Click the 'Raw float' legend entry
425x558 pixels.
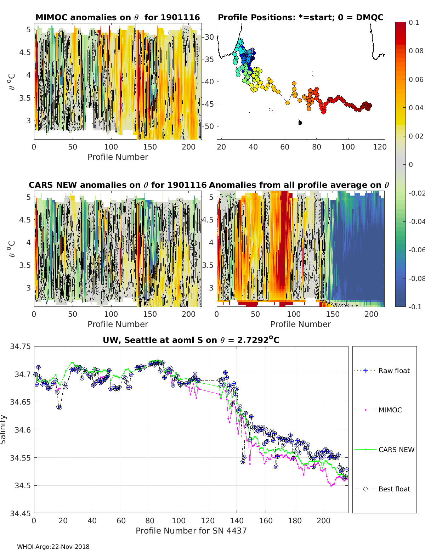(382, 371)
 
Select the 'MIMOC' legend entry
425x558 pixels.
(378, 410)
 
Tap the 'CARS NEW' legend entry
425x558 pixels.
(384, 450)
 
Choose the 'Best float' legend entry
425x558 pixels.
(382, 489)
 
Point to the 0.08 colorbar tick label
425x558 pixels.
(416, 51)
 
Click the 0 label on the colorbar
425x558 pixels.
(411, 164)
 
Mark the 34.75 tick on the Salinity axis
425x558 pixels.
(20, 346)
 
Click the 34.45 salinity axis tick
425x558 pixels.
(20, 513)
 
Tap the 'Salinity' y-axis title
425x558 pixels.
(3, 430)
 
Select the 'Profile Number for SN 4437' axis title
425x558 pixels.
(191, 531)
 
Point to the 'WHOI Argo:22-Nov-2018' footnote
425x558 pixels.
(53, 547)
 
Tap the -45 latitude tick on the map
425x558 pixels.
(208, 104)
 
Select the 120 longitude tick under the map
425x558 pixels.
(380, 147)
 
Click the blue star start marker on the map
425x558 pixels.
(252, 50)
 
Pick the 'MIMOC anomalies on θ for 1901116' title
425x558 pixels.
(118, 17)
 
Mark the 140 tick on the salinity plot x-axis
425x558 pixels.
(237, 521)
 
